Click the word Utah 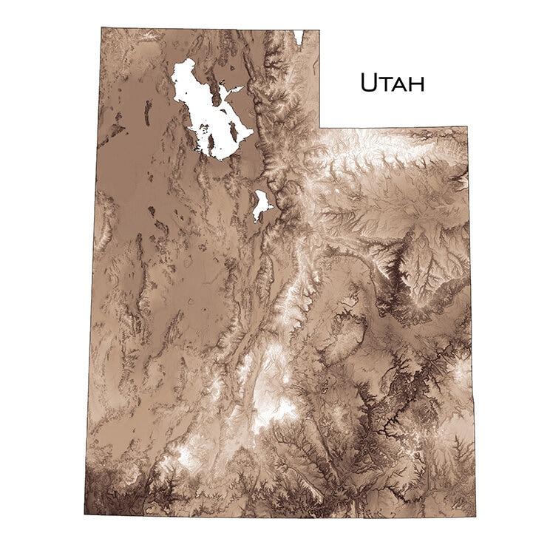392,83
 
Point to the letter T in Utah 385,84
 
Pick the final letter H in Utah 416,84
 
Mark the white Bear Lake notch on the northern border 299,35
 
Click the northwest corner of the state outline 102,29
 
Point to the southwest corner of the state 85,512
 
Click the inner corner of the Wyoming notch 319,126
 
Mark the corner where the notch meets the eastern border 468,127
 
